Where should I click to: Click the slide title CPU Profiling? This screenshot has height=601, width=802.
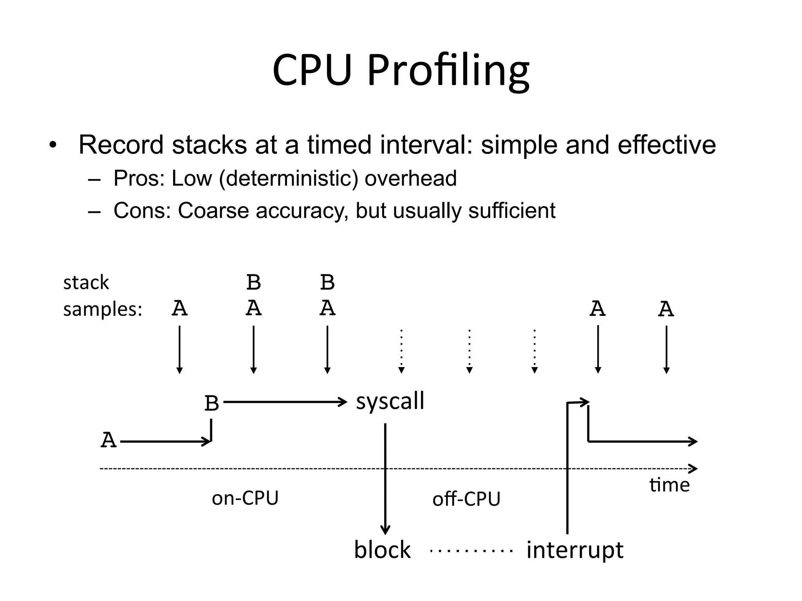[401, 70]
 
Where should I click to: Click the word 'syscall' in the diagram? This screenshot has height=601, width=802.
[390, 402]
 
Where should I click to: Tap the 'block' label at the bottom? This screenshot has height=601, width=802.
[382, 550]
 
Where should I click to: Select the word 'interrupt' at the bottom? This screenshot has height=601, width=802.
[574, 550]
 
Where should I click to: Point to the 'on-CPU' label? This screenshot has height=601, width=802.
[245, 498]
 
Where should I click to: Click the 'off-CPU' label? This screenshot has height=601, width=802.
[466, 499]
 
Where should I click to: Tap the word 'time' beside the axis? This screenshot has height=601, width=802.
[669, 485]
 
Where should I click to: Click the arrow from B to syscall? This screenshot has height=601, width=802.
[285, 402]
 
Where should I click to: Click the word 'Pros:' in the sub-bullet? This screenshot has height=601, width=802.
[139, 178]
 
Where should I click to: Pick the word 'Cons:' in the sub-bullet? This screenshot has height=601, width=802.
[142, 211]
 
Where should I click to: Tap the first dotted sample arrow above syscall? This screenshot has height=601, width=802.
[401, 350]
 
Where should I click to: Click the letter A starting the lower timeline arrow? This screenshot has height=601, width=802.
[108, 440]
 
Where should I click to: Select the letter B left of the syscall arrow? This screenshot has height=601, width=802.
[211, 403]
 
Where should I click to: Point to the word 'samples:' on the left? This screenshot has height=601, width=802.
[103, 309]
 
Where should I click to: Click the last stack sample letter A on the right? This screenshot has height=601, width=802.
[666, 309]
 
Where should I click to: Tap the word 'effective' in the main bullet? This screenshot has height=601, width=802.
[667, 145]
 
